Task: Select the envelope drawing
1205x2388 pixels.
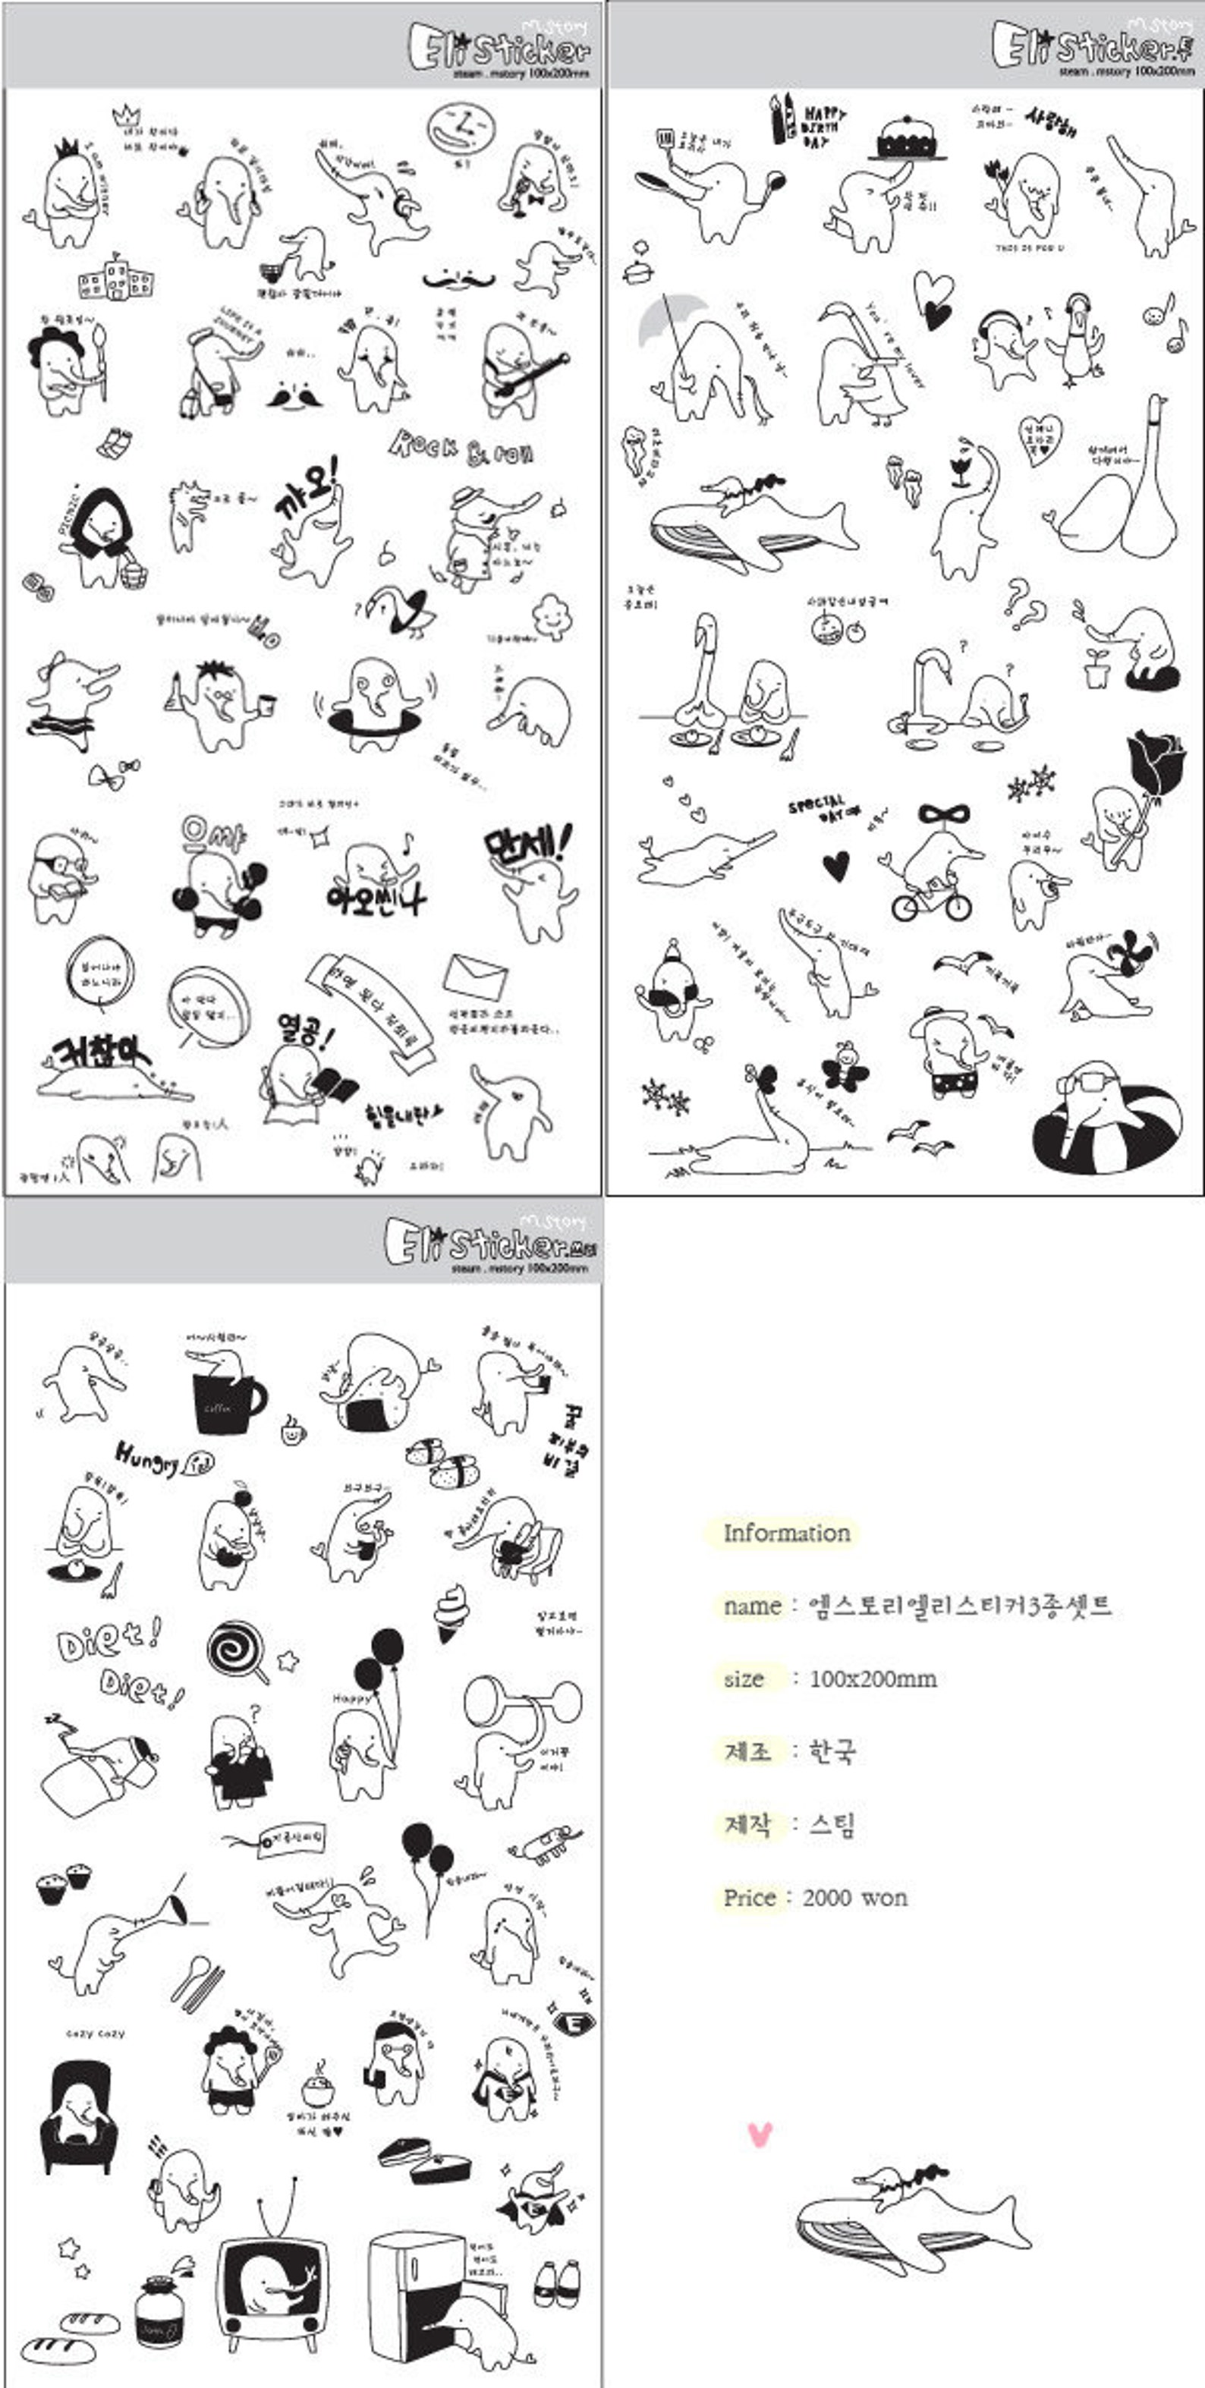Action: (474, 976)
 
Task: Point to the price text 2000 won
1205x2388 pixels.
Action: (854, 1898)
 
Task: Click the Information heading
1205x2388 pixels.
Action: (786, 1532)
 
